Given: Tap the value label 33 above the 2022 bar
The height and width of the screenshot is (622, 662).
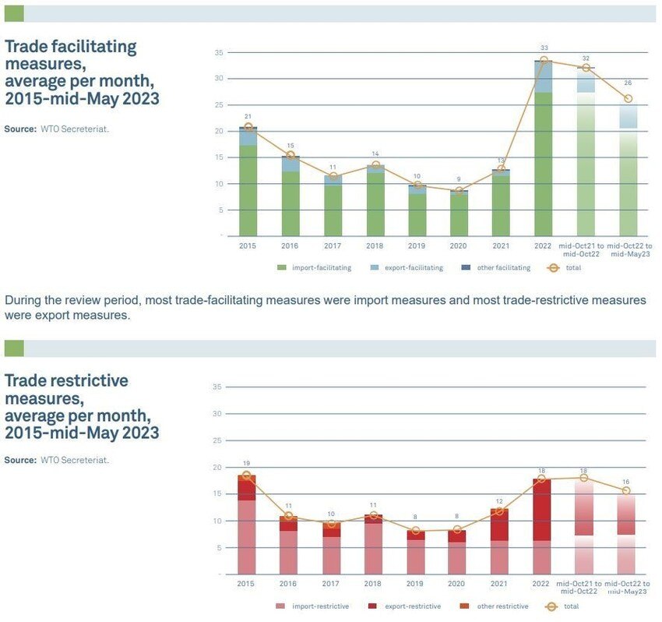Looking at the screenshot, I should coord(544,48).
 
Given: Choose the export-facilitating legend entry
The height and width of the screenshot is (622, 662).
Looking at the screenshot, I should coord(412,268).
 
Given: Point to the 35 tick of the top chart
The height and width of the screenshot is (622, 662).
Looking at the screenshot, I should coord(219,52).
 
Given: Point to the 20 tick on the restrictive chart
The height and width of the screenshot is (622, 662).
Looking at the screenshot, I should coord(218,467).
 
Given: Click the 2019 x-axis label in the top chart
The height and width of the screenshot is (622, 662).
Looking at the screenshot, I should coord(417,246).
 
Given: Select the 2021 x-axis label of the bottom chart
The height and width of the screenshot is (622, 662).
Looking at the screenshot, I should coord(501,585).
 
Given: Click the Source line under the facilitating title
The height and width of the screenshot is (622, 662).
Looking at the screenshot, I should coord(57,129).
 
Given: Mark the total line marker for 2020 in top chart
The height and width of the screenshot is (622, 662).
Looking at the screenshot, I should coord(459,190).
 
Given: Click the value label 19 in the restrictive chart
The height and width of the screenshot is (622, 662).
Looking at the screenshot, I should coord(247,464).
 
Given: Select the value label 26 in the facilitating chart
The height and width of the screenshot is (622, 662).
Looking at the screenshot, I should coord(628,83).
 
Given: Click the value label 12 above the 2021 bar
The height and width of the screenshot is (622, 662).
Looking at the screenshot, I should coord(501,501).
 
